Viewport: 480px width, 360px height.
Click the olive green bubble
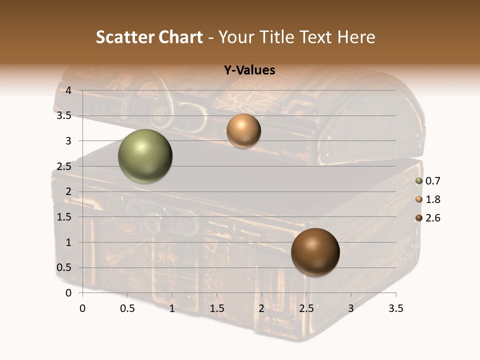[145, 156]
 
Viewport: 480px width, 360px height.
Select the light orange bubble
[243, 131]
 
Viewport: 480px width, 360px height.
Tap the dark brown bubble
[315, 252]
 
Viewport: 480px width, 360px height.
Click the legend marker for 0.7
[419, 181]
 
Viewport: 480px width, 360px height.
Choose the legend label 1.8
[432, 199]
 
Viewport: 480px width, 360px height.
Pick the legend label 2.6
[432, 218]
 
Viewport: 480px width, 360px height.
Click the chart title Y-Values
[249, 70]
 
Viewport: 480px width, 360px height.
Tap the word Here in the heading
[356, 37]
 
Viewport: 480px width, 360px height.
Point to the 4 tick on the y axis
[69, 90]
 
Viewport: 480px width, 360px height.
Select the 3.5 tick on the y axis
[65, 115]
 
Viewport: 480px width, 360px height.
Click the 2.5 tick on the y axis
[65, 166]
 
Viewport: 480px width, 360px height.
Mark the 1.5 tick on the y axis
[65, 217]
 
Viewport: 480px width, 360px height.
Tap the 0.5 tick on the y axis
[65, 267]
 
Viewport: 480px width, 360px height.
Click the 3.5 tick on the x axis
[396, 308]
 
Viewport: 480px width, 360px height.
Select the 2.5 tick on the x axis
[306, 308]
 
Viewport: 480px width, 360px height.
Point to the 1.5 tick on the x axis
[217, 308]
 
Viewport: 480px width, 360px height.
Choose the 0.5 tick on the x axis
[127, 308]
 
